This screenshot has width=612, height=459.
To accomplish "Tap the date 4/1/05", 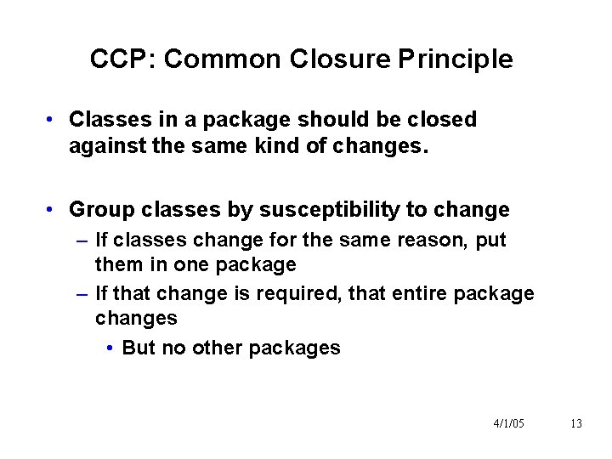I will pyautogui.click(x=508, y=423).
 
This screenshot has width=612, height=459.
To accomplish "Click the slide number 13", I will pyautogui.click(x=576, y=423).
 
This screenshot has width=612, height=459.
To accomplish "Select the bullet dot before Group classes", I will pyautogui.click(x=53, y=210).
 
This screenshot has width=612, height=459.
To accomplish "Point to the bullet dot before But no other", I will pyautogui.click(x=113, y=348).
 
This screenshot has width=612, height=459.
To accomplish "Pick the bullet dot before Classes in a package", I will pyautogui.click(x=53, y=120).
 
